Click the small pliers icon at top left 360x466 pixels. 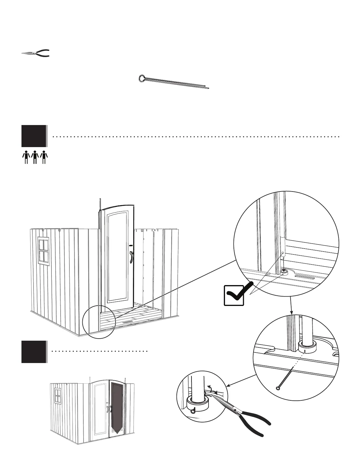point(36,53)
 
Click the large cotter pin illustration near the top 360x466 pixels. point(174,82)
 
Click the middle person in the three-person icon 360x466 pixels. point(35,157)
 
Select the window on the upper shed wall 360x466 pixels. point(44,250)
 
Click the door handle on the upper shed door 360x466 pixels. point(131,257)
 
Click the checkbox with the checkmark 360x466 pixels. point(234,295)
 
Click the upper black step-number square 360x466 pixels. point(34,136)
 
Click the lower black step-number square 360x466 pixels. point(34,352)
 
